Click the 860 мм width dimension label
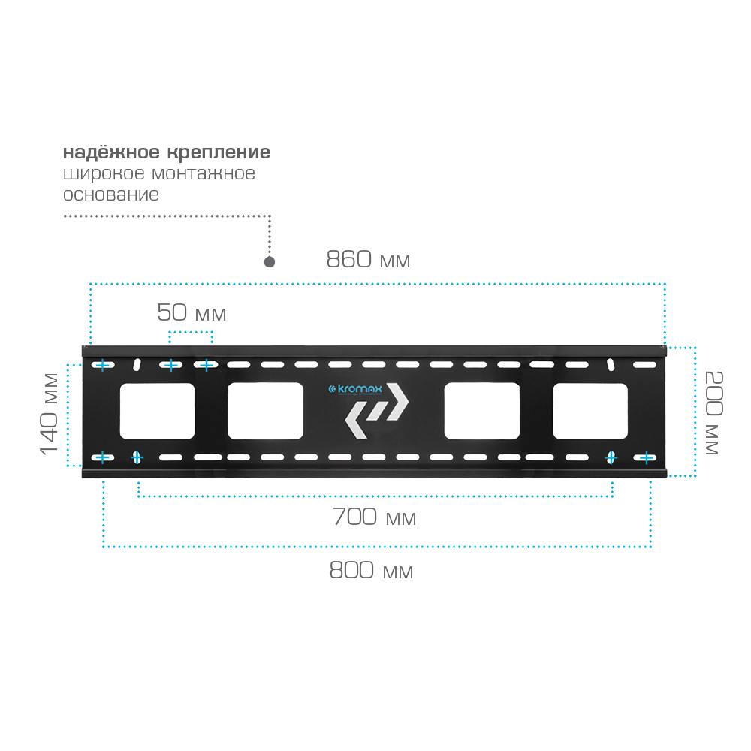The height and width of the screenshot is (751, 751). pos(368,259)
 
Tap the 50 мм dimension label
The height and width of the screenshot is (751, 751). pos(192,312)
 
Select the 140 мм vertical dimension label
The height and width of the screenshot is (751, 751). pos(49,414)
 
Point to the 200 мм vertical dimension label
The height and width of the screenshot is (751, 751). pos(713,412)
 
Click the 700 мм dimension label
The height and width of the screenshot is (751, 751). pos(375,517)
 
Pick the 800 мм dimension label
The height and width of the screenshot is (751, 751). pos(371,570)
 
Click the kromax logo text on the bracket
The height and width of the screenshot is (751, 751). pos(355,389)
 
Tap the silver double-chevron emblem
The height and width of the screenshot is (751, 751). pos(377,411)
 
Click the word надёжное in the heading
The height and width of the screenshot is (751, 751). pos(111,152)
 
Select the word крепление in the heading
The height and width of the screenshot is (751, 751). pos(219,152)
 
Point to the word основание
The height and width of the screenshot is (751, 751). pos(111,195)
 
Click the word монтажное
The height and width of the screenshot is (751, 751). pos(204,173)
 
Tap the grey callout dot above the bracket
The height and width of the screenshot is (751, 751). pos(270,262)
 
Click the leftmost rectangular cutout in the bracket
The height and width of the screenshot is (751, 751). pos(157,411)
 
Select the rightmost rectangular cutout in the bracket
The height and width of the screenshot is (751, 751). pos(590,411)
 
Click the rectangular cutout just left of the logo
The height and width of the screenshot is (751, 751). pos(265,411)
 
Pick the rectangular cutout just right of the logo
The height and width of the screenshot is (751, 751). pos(482,411)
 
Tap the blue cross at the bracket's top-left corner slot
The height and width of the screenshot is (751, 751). pos(102,366)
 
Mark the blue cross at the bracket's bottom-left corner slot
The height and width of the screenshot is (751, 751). pos(102,457)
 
